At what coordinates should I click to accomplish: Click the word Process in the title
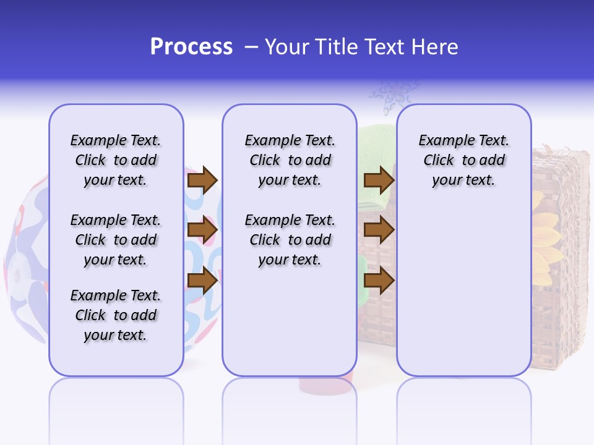coord(191,47)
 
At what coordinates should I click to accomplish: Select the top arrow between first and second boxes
coord(202,180)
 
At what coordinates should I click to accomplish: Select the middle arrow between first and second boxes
coord(202,231)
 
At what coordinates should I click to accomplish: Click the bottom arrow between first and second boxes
coord(202,281)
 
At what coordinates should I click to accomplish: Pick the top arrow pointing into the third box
coord(379,180)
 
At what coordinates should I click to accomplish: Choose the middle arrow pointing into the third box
coord(379,231)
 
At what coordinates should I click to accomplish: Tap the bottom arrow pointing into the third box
coord(379,281)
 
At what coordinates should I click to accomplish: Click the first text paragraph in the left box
coord(116,160)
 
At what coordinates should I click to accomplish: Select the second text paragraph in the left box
coord(116,240)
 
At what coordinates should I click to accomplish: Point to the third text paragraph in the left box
coord(116,315)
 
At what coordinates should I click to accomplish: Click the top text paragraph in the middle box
coord(290,160)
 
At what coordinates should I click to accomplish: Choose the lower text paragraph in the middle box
coord(290,240)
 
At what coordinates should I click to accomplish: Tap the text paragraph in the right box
coord(463,160)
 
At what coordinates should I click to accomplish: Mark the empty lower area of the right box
coord(463,290)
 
